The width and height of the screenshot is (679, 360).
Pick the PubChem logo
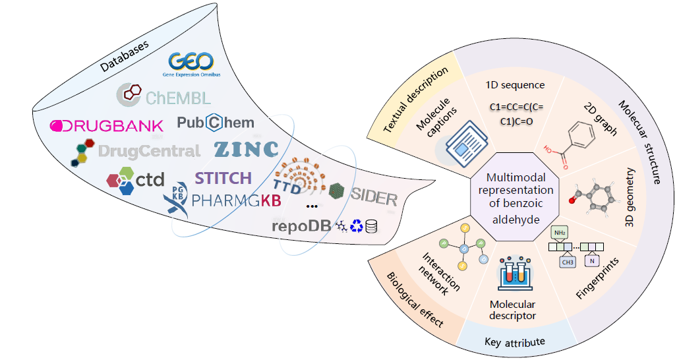coord(215,123)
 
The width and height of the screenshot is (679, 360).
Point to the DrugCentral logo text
coord(148,152)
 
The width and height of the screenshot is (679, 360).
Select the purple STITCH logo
coord(223,178)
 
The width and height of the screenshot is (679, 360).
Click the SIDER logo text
coord(374,196)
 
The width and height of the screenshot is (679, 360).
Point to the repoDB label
coord(301,226)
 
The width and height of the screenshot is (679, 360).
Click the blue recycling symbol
coord(357,226)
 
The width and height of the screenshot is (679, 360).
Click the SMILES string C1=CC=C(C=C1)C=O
coord(516,113)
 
